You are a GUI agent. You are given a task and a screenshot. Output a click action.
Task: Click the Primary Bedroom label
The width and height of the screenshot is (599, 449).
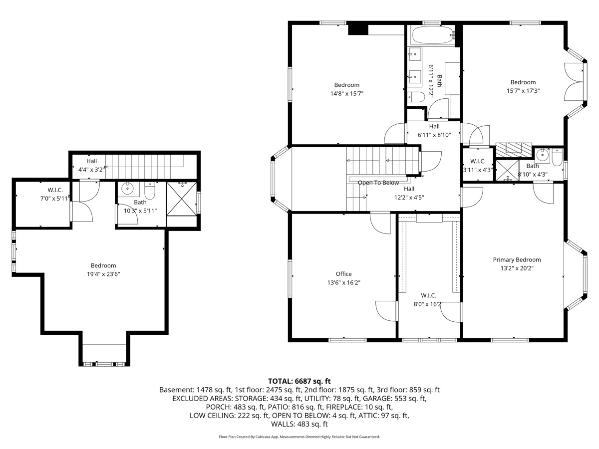(517, 259)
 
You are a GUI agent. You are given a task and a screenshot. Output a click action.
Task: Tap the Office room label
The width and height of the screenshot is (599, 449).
(343, 274)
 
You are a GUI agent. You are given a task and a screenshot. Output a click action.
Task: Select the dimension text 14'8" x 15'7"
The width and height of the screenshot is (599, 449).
(346, 93)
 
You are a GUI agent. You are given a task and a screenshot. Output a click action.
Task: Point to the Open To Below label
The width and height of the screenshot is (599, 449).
(378, 183)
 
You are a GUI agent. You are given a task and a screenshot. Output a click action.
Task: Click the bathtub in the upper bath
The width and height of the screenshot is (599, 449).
(433, 35)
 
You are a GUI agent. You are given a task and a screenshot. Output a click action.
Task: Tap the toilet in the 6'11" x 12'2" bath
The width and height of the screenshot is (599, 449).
(416, 97)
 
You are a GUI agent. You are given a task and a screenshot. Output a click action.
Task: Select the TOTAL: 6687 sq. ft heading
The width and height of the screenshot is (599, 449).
(299, 381)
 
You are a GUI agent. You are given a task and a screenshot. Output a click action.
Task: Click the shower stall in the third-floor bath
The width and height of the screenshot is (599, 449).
(182, 199)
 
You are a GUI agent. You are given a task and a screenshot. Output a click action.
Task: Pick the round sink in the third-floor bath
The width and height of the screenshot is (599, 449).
(127, 188)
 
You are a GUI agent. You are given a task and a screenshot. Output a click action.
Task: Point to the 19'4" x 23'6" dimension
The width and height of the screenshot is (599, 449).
(103, 274)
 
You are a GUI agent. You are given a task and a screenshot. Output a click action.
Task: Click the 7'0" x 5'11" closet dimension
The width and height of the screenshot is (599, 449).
(55, 199)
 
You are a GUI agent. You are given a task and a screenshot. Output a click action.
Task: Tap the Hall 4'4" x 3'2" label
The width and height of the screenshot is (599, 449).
(91, 165)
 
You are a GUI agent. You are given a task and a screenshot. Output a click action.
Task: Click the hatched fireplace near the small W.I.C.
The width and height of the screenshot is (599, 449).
(513, 150)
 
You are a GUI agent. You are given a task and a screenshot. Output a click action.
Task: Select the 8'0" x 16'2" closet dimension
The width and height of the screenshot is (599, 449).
(428, 304)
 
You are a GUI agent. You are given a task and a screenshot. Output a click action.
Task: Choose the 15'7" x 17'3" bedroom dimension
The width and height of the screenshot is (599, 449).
(523, 90)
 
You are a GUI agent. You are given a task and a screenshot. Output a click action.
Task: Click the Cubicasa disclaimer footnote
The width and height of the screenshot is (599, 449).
(299, 437)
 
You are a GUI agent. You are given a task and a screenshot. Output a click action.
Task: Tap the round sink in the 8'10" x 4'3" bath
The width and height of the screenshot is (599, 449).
(542, 156)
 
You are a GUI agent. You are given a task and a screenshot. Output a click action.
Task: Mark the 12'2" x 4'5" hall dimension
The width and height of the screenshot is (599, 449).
(409, 197)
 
